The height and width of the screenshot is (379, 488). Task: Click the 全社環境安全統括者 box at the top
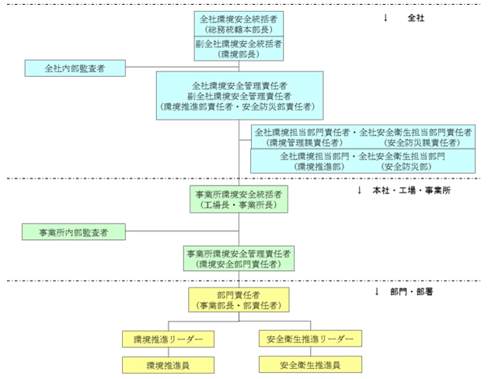239,23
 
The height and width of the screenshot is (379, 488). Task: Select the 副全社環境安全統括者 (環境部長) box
239,49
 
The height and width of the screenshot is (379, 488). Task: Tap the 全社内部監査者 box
75,68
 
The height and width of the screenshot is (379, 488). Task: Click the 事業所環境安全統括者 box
239,198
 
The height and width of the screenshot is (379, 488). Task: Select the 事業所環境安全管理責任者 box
239,259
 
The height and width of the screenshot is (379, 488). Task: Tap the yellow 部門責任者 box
239,300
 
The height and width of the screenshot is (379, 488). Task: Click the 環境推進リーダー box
169,339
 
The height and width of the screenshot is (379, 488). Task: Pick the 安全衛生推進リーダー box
309,339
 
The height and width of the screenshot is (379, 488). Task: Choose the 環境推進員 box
169,364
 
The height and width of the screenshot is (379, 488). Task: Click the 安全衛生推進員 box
309,364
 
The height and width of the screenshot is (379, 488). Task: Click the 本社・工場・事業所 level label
420,190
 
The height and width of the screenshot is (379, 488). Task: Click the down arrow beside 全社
385,17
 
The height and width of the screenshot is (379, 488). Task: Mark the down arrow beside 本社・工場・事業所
360,190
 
